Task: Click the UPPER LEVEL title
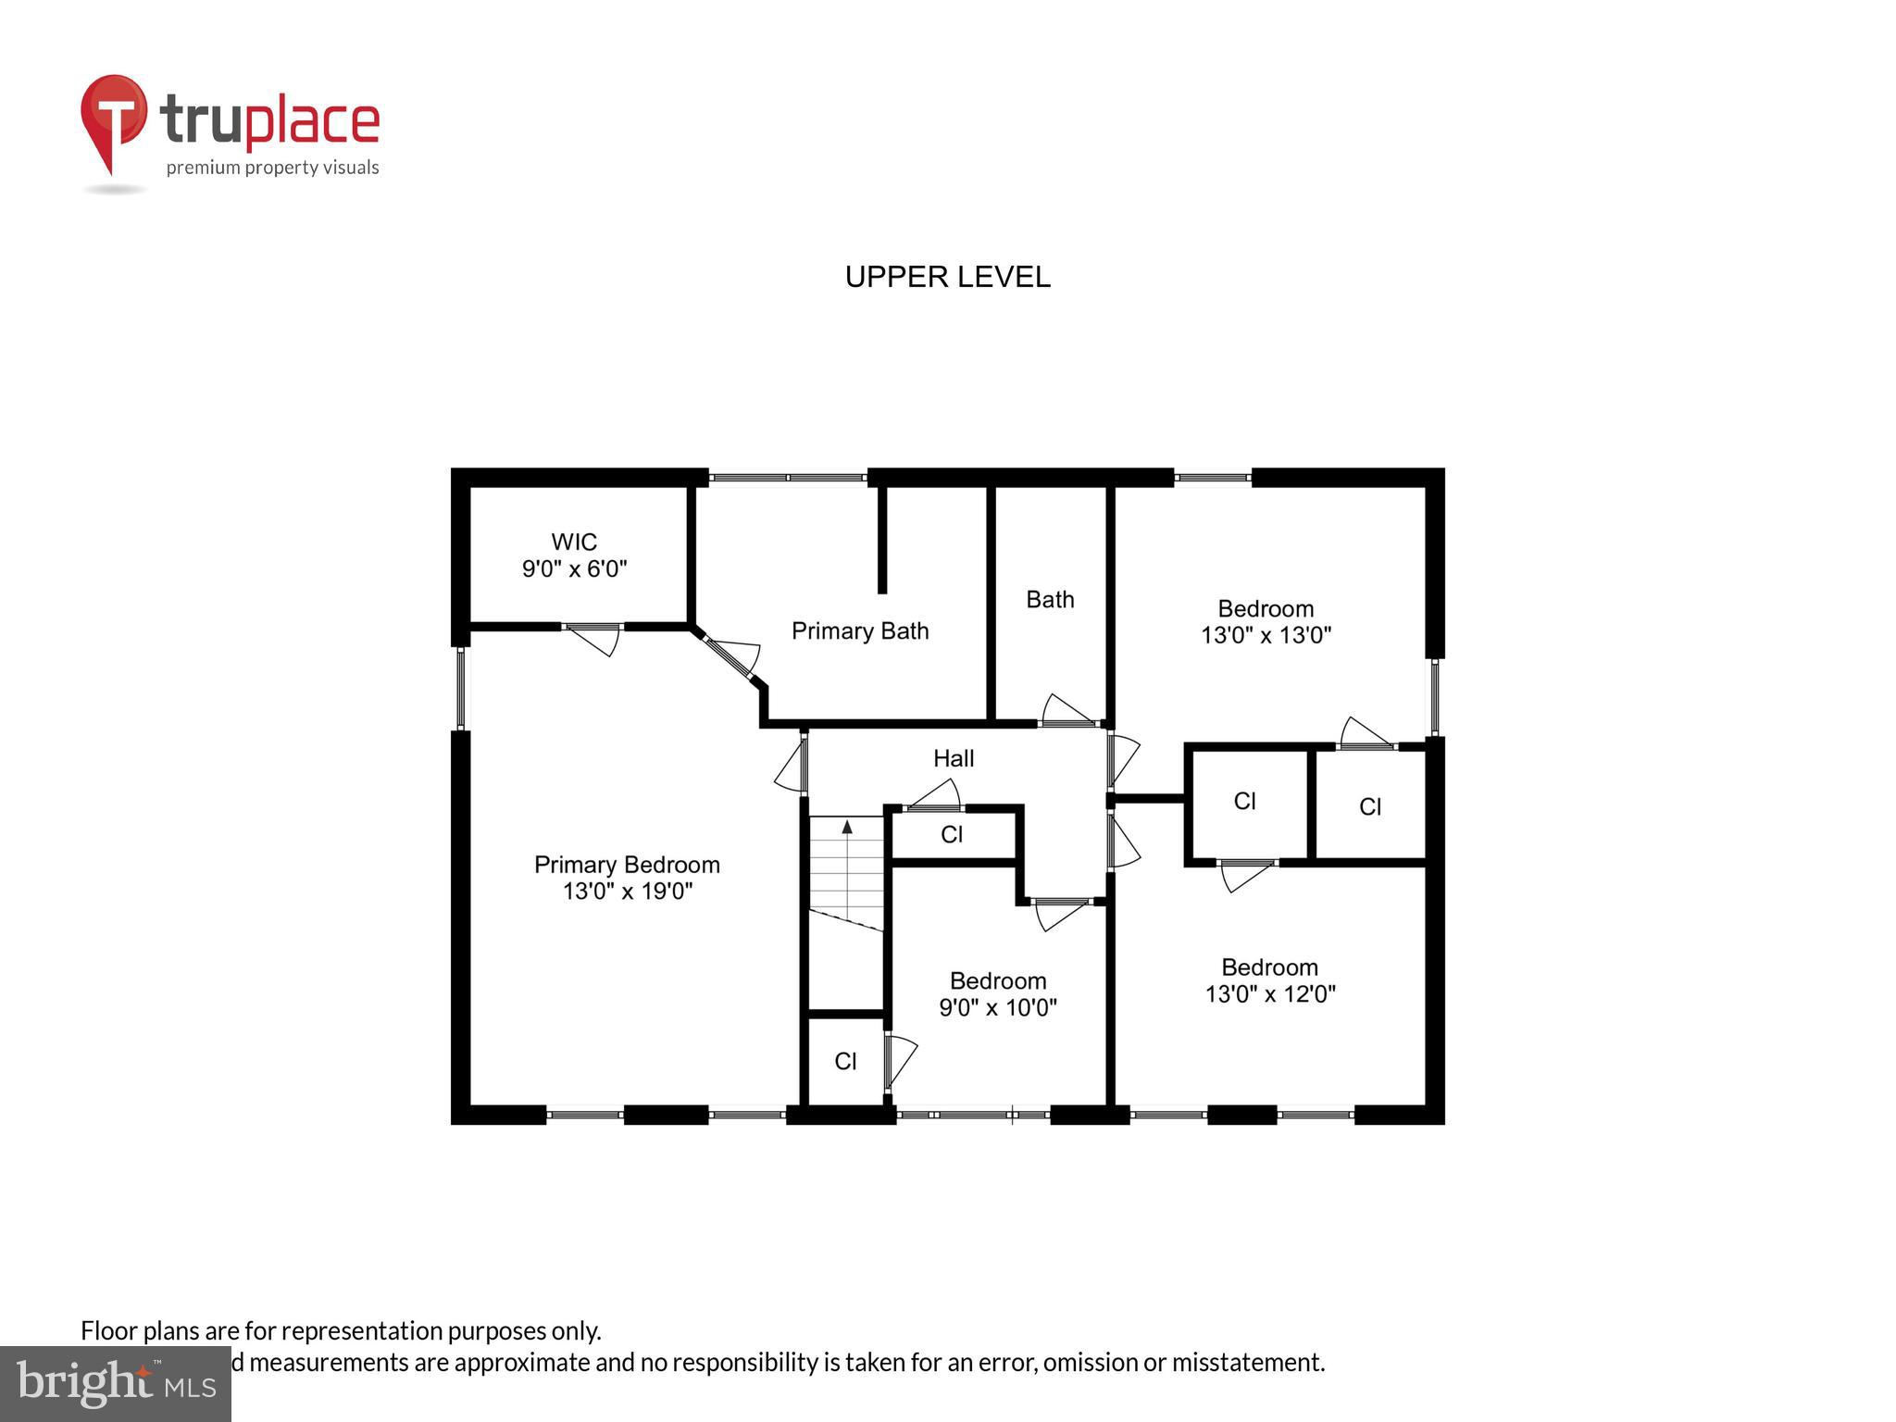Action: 947,277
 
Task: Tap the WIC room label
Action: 574,542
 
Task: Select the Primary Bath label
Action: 859,631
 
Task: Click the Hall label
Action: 953,759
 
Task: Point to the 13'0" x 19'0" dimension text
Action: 628,892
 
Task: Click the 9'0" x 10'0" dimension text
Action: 998,1007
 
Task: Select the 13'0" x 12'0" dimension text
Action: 1269,994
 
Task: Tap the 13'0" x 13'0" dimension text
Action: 1266,635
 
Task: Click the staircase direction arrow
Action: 846,827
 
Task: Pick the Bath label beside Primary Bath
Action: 1050,600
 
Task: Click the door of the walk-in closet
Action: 592,637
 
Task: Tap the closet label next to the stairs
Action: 845,1062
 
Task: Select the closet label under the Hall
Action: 952,835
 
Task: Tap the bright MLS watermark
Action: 116,1383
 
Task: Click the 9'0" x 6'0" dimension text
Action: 574,568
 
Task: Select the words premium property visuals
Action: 272,168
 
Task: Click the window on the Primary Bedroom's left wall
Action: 460,688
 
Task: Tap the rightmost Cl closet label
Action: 1370,807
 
